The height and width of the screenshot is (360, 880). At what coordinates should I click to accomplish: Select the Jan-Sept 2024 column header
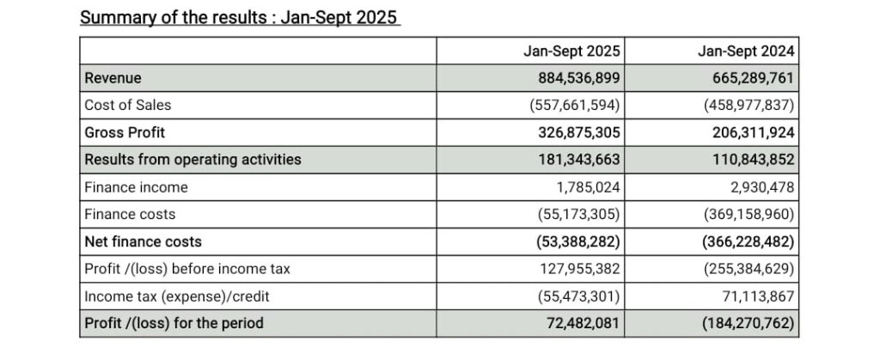[x=746, y=52]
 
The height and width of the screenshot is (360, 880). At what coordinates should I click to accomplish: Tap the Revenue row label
[x=113, y=78]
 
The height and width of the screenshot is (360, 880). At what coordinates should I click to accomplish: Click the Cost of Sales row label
[x=127, y=105]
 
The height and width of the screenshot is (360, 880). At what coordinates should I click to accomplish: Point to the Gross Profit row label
[x=125, y=132]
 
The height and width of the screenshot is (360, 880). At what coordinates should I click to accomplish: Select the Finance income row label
[x=136, y=186]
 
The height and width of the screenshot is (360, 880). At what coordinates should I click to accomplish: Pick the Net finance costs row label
[x=143, y=241]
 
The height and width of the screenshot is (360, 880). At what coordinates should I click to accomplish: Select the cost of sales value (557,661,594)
[x=575, y=105]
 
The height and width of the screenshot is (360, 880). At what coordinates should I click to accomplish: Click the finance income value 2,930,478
[x=758, y=186]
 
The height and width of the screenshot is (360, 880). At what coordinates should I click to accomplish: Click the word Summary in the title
[x=113, y=16]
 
